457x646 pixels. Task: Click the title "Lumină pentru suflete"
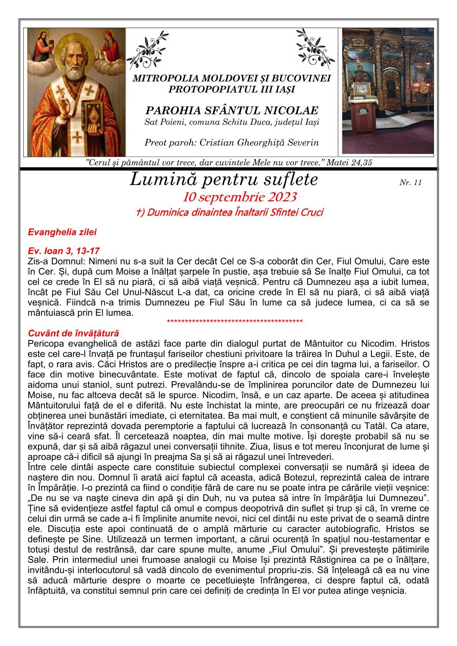pyautogui.click(x=224, y=180)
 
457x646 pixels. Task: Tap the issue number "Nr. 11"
pyautogui.click(x=411, y=183)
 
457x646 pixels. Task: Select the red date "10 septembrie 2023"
pyautogui.click(x=240, y=197)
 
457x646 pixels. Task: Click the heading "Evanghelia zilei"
pyautogui.click(x=62, y=232)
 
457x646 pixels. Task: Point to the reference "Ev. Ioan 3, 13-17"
pyautogui.click(x=64, y=251)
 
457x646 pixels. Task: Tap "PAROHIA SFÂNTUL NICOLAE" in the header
pyautogui.click(x=232, y=111)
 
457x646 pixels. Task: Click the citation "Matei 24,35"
pyautogui.click(x=350, y=162)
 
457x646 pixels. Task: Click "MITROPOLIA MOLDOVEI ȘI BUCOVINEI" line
pyautogui.click(x=232, y=79)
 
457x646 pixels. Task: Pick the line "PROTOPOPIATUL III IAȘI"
pyautogui.click(x=232, y=89)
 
